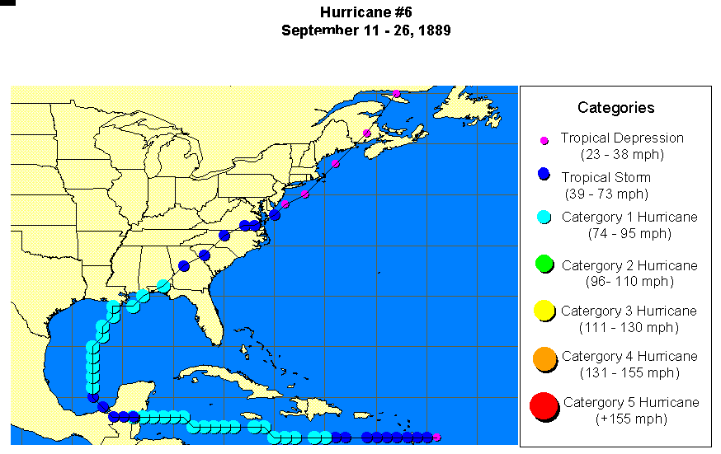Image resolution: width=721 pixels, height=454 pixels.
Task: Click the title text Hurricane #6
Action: [x=366, y=13]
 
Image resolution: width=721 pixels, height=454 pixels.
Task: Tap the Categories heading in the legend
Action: [x=615, y=108]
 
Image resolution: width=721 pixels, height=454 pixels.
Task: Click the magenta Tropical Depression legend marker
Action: [x=544, y=141]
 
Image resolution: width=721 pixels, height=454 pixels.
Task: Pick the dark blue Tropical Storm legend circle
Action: [x=544, y=175]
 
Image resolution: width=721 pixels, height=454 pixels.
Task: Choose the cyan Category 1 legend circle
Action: [x=544, y=218]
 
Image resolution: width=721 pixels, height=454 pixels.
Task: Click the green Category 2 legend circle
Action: [x=544, y=264]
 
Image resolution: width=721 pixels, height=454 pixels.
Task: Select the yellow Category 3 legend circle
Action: [x=544, y=311]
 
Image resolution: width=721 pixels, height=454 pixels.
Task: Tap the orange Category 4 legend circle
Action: [x=544, y=358]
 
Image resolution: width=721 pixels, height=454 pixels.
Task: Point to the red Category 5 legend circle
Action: [x=544, y=406]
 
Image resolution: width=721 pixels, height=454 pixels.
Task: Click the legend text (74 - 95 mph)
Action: [x=629, y=233]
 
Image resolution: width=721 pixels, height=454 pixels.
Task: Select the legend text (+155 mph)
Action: [x=630, y=419]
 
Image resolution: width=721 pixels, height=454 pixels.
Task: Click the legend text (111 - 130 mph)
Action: [x=629, y=327]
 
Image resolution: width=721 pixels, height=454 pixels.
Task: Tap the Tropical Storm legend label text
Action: [x=606, y=177]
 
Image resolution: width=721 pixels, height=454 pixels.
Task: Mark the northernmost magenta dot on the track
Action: [x=397, y=94]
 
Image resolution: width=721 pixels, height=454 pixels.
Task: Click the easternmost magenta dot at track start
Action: [x=436, y=438]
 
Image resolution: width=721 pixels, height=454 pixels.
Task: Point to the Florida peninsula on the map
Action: [x=210, y=321]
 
